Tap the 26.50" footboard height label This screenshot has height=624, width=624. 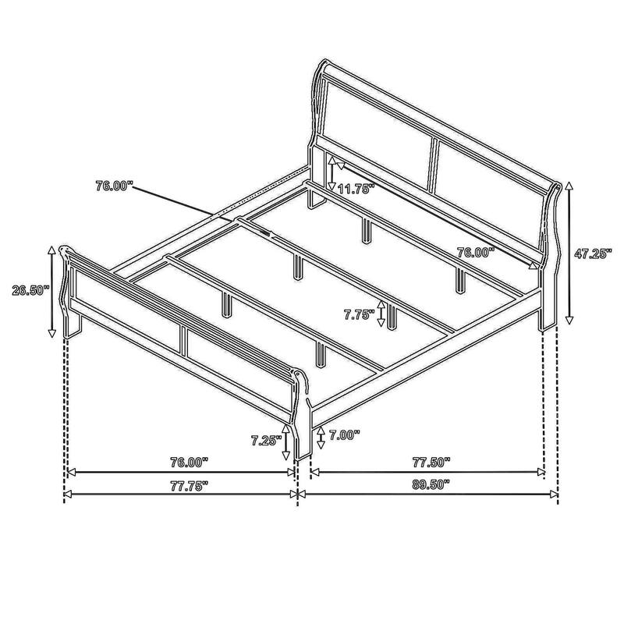tap(30, 290)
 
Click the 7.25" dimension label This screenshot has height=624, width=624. tap(266, 440)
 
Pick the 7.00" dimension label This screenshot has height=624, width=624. tap(345, 436)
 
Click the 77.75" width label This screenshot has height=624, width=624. tap(187, 484)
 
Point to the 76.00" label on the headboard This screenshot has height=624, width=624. tap(476, 252)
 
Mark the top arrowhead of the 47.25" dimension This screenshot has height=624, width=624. tap(569, 185)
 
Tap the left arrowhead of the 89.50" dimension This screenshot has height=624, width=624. tap(302, 494)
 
